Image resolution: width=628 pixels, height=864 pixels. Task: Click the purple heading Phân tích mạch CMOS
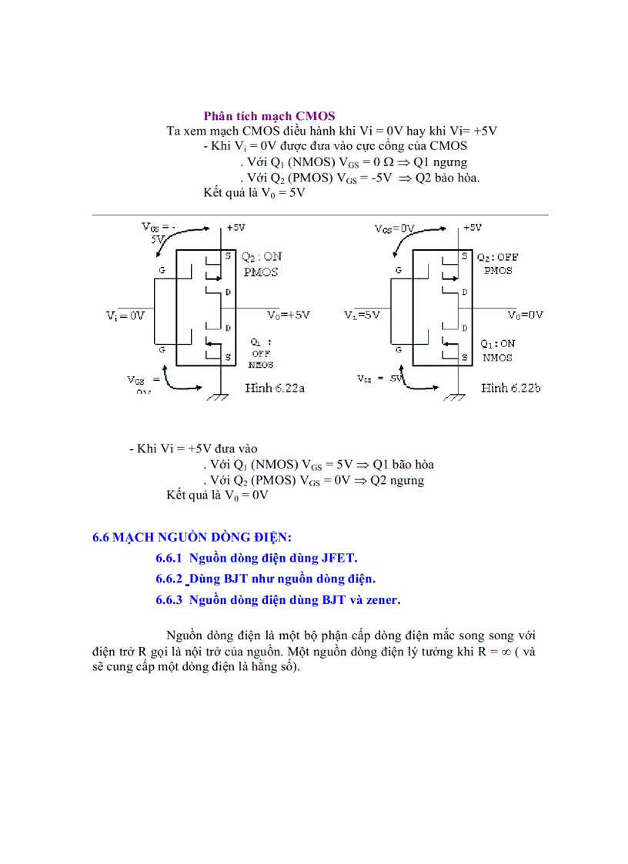click(269, 116)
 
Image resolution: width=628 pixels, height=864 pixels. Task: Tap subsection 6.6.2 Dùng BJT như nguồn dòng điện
click(266, 579)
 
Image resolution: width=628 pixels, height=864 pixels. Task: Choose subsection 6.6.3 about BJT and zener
click(278, 599)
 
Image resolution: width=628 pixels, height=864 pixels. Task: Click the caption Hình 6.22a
click(275, 389)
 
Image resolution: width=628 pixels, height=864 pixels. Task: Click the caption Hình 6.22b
click(510, 389)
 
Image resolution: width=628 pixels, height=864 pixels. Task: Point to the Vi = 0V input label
click(126, 315)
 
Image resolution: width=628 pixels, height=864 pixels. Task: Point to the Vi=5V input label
click(363, 315)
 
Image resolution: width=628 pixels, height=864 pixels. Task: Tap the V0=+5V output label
click(289, 315)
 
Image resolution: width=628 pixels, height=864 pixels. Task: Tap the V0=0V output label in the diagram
click(526, 315)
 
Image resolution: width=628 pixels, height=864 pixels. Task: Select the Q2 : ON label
click(261, 257)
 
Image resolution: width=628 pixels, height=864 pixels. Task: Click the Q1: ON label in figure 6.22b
click(498, 344)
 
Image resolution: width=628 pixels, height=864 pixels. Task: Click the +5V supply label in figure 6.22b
click(473, 228)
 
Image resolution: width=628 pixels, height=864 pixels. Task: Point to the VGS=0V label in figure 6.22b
click(395, 229)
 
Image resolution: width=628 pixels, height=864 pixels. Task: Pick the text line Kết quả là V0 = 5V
click(255, 193)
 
